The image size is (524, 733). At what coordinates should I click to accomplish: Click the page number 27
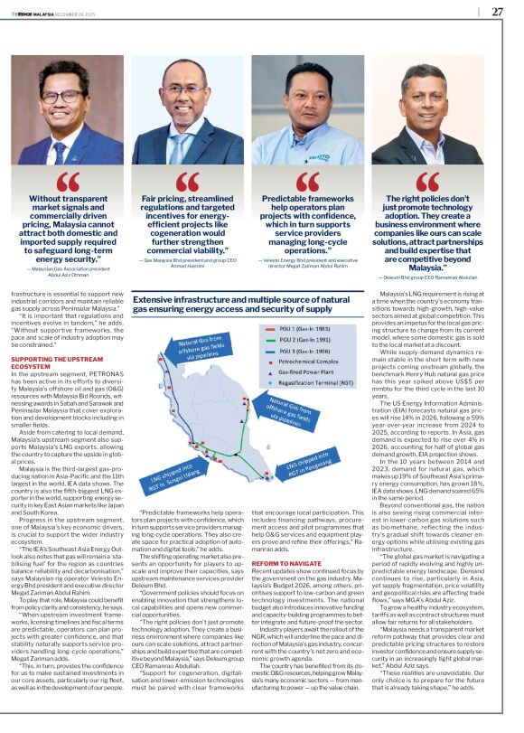click(497, 12)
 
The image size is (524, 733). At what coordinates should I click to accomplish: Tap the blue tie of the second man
click(184, 147)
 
